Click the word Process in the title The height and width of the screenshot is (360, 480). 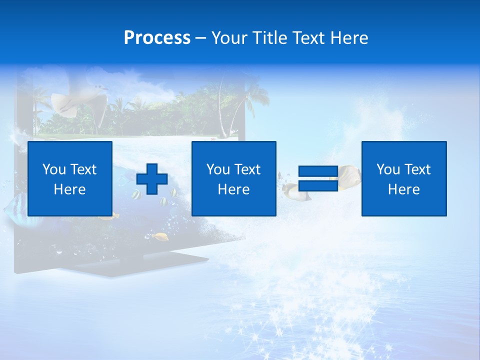pos(157,38)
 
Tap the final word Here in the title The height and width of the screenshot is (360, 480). pos(349,38)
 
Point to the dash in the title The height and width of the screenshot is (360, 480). pos(201,38)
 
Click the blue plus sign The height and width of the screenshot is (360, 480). pos(152,179)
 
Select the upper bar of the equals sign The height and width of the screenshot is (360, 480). pos(318,171)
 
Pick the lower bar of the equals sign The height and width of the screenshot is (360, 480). pos(318,186)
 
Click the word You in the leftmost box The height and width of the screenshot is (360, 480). pos(54,169)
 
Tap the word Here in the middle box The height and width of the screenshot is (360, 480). pos(233,189)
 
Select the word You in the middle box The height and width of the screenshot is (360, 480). pos(218,169)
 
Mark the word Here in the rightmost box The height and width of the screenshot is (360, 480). pos(403,189)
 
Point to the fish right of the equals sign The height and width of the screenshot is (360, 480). pos(348,174)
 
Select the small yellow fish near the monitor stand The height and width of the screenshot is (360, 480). pos(160,235)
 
